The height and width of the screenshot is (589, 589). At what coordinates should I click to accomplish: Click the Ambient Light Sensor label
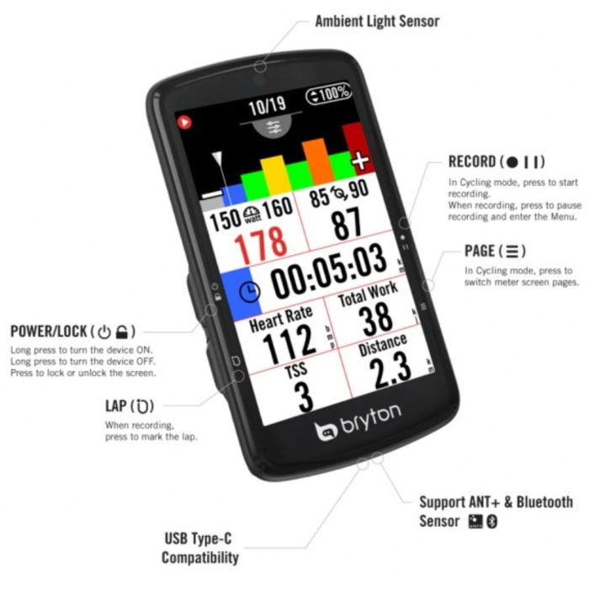pyautogui.click(x=377, y=21)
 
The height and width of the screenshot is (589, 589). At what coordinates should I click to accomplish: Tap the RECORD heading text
pyautogui.click(x=496, y=162)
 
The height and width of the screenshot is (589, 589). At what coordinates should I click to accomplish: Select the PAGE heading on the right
pyautogui.click(x=495, y=251)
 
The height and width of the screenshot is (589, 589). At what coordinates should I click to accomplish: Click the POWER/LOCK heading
pyautogui.click(x=72, y=332)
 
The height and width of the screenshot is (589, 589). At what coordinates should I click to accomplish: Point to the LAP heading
pyautogui.click(x=130, y=406)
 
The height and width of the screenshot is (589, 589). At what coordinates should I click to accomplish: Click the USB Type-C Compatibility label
pyautogui.click(x=199, y=548)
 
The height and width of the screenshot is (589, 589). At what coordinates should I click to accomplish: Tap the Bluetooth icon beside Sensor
pyautogui.click(x=492, y=522)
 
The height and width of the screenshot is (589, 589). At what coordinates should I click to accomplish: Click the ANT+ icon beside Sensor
pyautogui.click(x=475, y=522)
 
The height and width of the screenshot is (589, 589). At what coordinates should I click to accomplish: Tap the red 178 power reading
pyautogui.click(x=260, y=245)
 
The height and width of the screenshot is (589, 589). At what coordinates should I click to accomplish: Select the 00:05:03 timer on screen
pyautogui.click(x=329, y=271)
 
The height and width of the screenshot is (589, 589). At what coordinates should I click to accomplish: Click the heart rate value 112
pyautogui.click(x=289, y=343)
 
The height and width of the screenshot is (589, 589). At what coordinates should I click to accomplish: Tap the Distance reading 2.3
pyautogui.click(x=390, y=369)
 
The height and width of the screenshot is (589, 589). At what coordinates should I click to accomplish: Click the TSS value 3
pyautogui.click(x=304, y=396)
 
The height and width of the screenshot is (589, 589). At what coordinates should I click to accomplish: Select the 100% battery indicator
pyautogui.click(x=329, y=93)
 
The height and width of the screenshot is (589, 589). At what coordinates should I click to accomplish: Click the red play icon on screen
pyautogui.click(x=184, y=122)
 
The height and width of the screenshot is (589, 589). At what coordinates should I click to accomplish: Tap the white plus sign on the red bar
pyautogui.click(x=360, y=161)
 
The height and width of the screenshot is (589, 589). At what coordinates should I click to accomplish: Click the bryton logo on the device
pyautogui.click(x=358, y=422)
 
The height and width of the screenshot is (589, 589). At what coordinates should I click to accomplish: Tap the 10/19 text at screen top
pyautogui.click(x=268, y=105)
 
